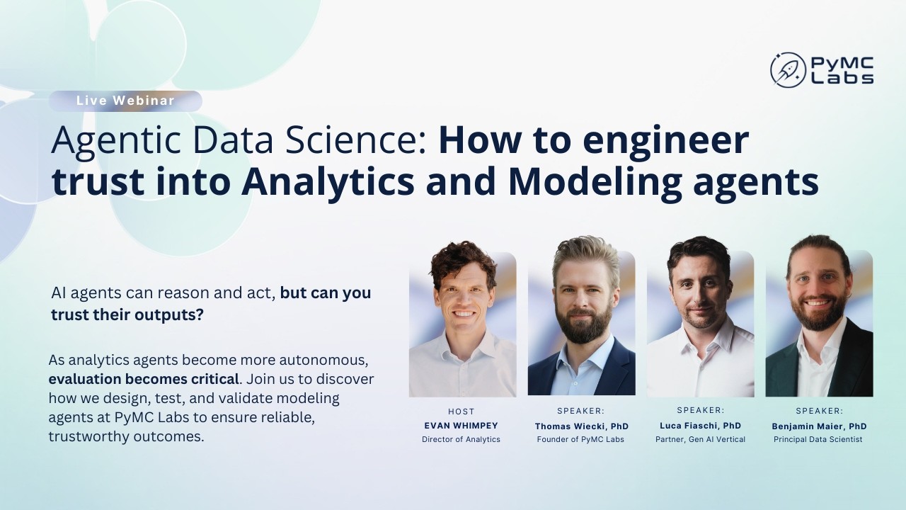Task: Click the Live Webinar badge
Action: [x=125, y=101]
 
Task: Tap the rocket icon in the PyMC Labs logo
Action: [x=788, y=70]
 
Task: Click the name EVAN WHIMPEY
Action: [x=461, y=426]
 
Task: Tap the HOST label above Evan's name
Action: [x=461, y=412]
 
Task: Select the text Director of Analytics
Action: [x=461, y=439]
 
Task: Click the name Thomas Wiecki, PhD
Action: [x=581, y=426]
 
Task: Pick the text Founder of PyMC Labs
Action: [x=581, y=440]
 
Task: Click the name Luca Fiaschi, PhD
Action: [x=700, y=426]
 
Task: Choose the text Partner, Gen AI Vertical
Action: [x=700, y=439]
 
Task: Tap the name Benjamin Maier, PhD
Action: [x=819, y=426]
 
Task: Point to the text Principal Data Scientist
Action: [x=819, y=440]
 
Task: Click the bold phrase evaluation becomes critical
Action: [x=144, y=379]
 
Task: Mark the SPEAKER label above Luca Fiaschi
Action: [x=700, y=410]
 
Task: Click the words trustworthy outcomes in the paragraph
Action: [x=126, y=437]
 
